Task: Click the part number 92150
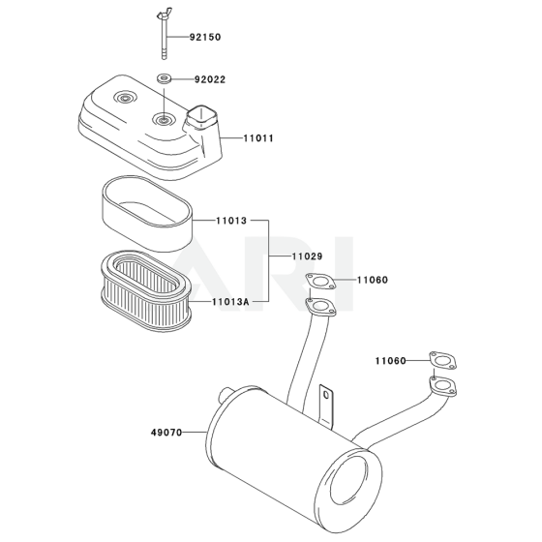205,37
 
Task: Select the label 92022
210,79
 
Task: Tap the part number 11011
258,138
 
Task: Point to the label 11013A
230,302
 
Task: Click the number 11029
308,256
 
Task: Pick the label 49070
166,433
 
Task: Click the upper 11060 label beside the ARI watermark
373,280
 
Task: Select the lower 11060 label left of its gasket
391,361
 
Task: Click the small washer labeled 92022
165,78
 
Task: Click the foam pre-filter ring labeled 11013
147,213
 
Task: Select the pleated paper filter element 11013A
146,290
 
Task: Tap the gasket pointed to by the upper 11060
320,281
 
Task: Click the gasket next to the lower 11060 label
443,361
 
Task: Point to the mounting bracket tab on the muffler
326,406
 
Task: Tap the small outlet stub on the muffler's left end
226,395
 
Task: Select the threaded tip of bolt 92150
165,55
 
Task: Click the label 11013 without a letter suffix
231,221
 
